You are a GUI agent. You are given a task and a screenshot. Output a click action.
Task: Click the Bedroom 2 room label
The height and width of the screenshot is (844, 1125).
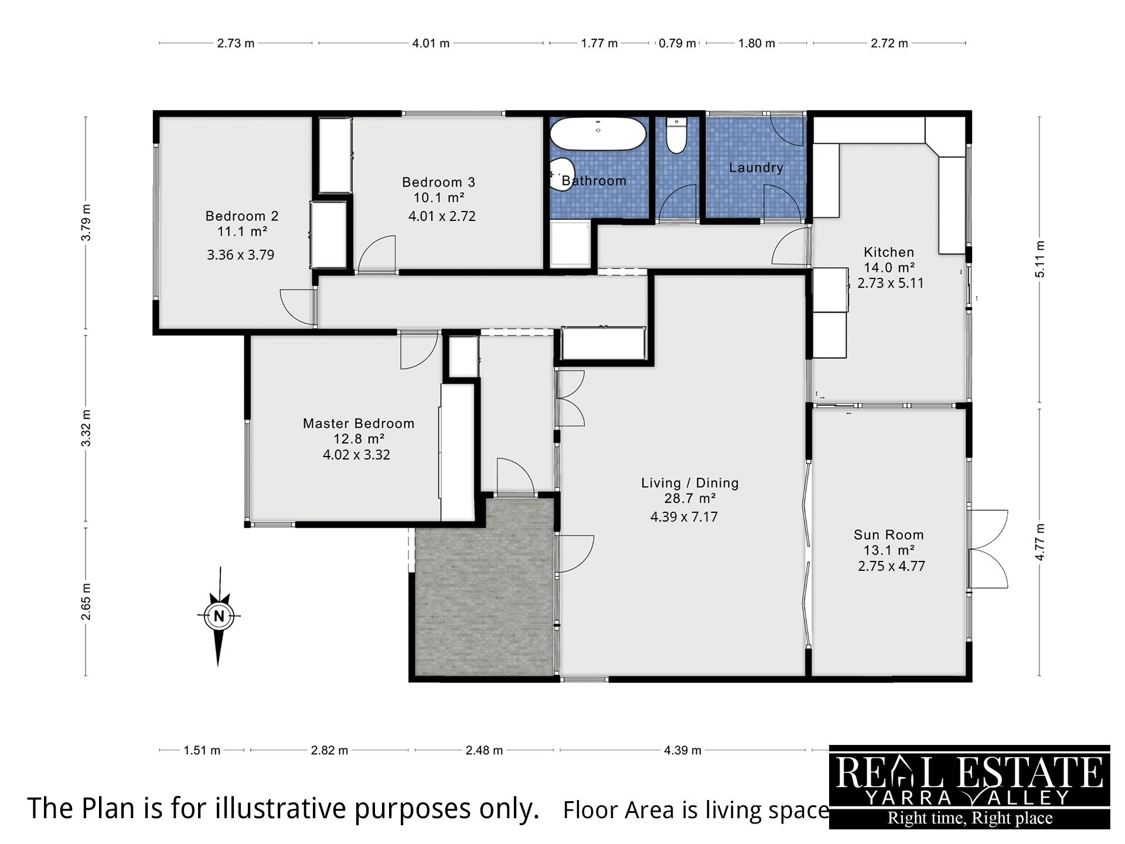click(242, 216)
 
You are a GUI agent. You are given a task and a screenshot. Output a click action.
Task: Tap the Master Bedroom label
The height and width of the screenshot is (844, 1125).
click(359, 424)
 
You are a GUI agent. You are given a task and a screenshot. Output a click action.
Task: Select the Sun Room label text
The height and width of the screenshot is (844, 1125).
click(888, 535)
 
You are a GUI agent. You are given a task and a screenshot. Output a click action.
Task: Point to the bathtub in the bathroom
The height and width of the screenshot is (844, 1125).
click(598, 134)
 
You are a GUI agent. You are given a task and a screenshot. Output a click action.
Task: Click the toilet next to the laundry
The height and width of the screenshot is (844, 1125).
click(676, 135)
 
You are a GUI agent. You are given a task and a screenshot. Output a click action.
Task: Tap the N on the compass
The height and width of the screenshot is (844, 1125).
click(219, 616)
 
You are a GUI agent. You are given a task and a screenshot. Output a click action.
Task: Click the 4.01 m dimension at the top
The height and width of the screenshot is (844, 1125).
click(431, 43)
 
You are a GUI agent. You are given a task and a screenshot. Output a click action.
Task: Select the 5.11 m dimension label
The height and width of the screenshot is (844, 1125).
click(1040, 259)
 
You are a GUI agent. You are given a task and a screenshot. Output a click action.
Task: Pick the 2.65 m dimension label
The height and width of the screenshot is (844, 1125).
click(86, 601)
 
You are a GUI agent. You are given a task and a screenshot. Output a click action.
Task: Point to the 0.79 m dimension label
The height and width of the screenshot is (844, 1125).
click(677, 43)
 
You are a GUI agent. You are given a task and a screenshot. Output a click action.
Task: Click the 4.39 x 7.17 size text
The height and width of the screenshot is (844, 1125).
click(684, 517)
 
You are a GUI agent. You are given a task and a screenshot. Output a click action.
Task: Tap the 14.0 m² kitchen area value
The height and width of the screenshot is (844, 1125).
click(889, 268)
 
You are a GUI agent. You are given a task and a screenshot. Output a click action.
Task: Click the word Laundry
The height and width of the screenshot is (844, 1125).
click(756, 168)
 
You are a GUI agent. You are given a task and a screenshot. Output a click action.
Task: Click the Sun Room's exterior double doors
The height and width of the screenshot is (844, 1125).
click(988, 549)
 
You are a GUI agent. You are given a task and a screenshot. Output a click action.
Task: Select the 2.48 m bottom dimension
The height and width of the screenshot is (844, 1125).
click(484, 750)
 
